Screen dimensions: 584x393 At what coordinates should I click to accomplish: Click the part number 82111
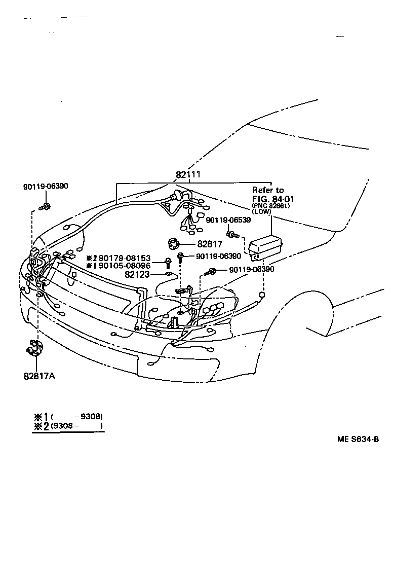[188, 175]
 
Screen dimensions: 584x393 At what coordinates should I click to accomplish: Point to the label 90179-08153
[125, 258]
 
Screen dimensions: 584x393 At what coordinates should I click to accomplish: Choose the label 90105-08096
[125, 266]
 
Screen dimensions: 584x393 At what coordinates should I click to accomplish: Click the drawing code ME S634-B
[358, 440]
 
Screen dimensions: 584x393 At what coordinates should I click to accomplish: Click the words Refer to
[268, 190]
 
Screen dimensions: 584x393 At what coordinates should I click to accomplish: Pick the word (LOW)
[262, 211]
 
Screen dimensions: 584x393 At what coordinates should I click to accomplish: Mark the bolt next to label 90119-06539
[232, 235]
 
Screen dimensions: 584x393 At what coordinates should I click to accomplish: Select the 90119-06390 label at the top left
[46, 187]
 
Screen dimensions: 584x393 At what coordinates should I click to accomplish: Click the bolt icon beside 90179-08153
[168, 263]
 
